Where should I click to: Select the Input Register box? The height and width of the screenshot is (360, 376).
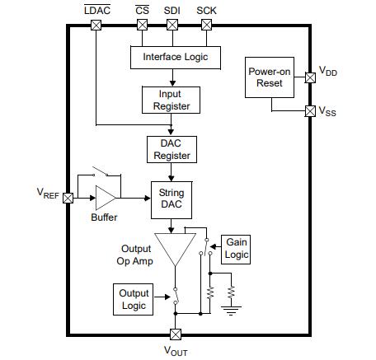click(x=170, y=100)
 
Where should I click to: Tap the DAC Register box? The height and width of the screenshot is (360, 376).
click(x=170, y=148)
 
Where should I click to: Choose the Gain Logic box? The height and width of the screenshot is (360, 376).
click(x=236, y=249)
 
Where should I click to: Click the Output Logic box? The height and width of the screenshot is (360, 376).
click(x=134, y=299)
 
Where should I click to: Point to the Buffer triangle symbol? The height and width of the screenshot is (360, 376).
click(x=106, y=198)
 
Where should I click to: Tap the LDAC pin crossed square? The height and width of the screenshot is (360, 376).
click(x=96, y=25)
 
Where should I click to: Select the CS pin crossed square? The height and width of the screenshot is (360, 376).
click(x=142, y=25)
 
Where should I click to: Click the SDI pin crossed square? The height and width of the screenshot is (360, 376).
click(x=172, y=25)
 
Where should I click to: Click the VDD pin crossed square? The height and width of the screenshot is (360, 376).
click(x=310, y=78)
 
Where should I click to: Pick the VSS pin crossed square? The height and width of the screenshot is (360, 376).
click(x=310, y=110)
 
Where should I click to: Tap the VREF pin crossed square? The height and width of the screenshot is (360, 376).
click(x=68, y=198)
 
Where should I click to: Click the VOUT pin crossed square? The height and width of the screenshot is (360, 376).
click(x=175, y=334)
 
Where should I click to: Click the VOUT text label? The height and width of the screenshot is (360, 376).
click(x=175, y=350)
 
